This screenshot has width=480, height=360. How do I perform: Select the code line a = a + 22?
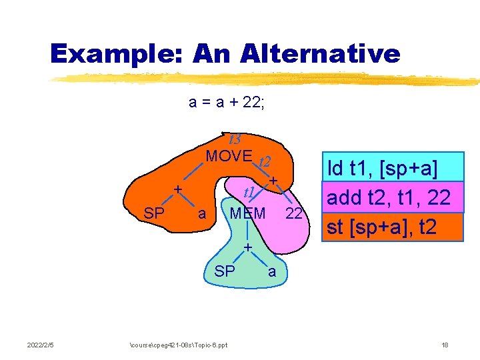[227, 103]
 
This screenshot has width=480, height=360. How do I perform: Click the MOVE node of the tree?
[229, 157]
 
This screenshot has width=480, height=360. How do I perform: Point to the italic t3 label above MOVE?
[234, 140]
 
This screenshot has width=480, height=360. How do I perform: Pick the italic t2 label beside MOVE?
[264, 162]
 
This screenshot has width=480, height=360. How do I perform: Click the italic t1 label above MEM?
[250, 193]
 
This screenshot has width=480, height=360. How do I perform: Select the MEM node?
[247, 214]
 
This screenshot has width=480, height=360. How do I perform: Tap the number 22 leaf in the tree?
[294, 214]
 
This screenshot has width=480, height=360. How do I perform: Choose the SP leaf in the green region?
[225, 271]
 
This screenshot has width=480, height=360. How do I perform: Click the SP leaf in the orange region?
[154, 214]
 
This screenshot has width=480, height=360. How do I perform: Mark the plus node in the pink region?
[273, 181]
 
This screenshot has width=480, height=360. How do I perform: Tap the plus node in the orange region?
[178, 190]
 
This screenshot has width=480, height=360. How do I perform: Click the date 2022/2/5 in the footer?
[41, 345]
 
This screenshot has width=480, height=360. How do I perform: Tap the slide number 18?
[445, 345]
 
